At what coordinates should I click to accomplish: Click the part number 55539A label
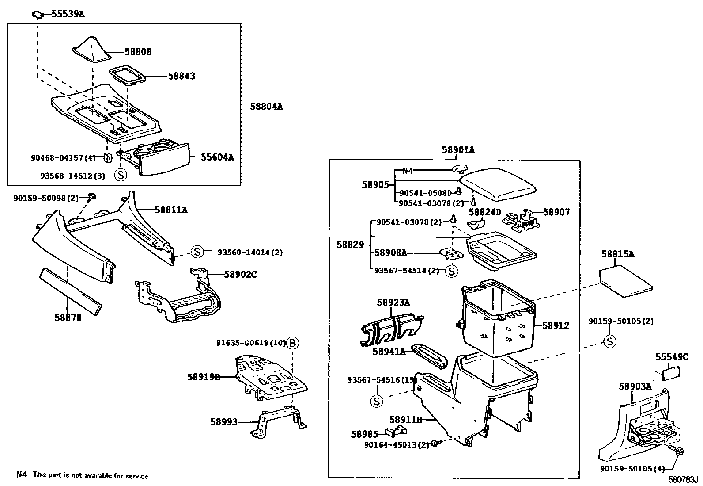coord(68,14)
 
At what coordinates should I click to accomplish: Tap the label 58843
coord(181,76)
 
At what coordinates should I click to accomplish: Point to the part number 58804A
coord(266,107)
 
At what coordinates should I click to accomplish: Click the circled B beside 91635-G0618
coord(292,343)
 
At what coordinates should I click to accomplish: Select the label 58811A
coord(171,210)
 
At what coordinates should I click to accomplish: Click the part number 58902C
coord(240,274)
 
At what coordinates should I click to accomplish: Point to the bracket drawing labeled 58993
coord(278,422)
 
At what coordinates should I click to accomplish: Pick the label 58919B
coord(203,377)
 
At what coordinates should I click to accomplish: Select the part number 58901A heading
coord(458,150)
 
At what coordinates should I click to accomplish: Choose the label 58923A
coord(393,302)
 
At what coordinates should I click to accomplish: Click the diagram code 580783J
coord(682,480)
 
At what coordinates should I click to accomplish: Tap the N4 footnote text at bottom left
coord(82,476)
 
